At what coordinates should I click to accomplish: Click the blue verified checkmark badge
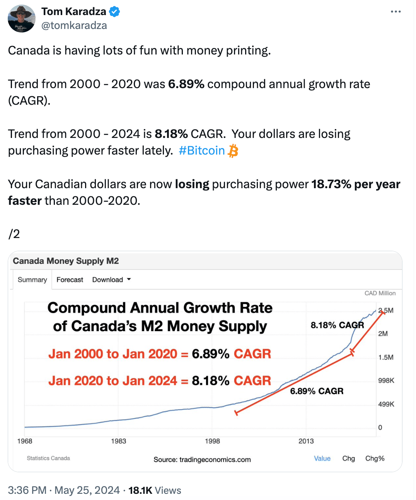click(114, 12)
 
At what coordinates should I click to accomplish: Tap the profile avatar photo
click(22, 19)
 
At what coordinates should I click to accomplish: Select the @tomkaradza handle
click(74, 26)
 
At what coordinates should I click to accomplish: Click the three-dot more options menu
click(396, 12)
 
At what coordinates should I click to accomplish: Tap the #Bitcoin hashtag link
click(201, 150)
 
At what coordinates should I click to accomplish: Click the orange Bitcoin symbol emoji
click(233, 151)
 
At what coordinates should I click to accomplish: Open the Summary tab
click(32, 280)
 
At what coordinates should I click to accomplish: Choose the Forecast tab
click(70, 280)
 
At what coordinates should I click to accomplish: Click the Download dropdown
click(111, 280)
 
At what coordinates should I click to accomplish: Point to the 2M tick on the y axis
click(383, 333)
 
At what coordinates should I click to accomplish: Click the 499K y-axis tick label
click(386, 404)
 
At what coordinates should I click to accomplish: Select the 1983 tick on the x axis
click(118, 441)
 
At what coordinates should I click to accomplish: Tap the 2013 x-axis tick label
click(306, 441)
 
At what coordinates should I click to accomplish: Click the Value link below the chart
click(322, 458)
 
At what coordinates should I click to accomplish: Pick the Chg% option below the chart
click(375, 458)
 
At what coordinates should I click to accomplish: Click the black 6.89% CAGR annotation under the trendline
click(317, 391)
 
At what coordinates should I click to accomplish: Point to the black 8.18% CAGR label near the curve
click(337, 325)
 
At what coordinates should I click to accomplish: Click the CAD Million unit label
click(380, 293)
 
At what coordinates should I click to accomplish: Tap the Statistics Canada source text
click(48, 458)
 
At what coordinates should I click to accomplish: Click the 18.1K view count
click(140, 490)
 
